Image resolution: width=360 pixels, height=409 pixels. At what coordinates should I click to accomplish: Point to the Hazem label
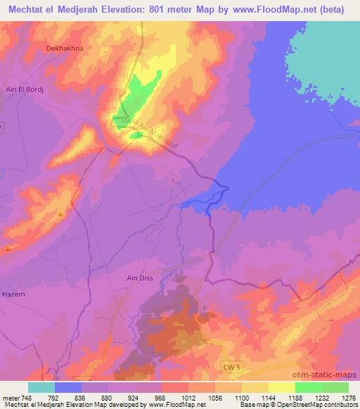(14, 294)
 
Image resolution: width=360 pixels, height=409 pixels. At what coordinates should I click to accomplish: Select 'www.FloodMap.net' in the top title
(271, 9)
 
